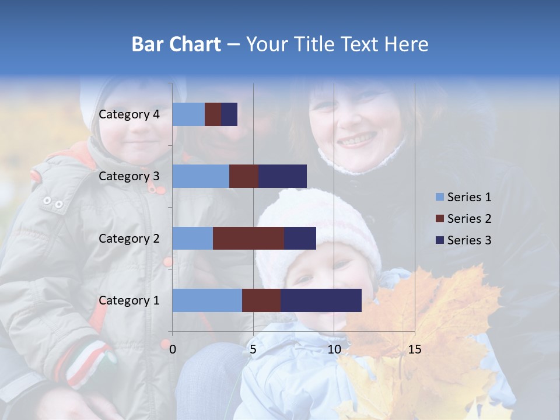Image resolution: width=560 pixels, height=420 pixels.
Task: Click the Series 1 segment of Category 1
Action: [x=207, y=300]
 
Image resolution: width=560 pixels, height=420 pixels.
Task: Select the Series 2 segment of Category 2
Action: [x=249, y=238]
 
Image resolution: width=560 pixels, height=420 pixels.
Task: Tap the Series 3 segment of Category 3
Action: [x=282, y=176]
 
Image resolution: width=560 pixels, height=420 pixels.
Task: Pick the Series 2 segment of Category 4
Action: [x=213, y=114]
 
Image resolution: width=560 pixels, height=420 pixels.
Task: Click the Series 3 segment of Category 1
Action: [x=321, y=300]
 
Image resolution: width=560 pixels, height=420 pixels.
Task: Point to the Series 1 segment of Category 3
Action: [x=201, y=176]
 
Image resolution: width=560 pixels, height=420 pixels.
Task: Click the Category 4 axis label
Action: [x=129, y=114]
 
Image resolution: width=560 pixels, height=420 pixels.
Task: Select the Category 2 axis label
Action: [x=129, y=238]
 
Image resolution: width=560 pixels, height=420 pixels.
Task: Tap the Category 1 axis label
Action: [x=129, y=300]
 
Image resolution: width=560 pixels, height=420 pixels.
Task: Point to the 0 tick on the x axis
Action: [x=173, y=349]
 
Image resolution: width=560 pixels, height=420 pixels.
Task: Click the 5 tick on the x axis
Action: [x=253, y=349]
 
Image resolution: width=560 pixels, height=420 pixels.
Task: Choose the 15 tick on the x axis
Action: [x=414, y=349]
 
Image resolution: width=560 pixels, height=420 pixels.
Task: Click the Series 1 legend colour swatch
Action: [x=439, y=197]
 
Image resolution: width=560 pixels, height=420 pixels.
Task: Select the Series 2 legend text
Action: [x=469, y=219]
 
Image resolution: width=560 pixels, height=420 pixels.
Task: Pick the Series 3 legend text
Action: [x=469, y=240]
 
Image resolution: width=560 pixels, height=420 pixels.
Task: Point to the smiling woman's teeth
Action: [x=357, y=140]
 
